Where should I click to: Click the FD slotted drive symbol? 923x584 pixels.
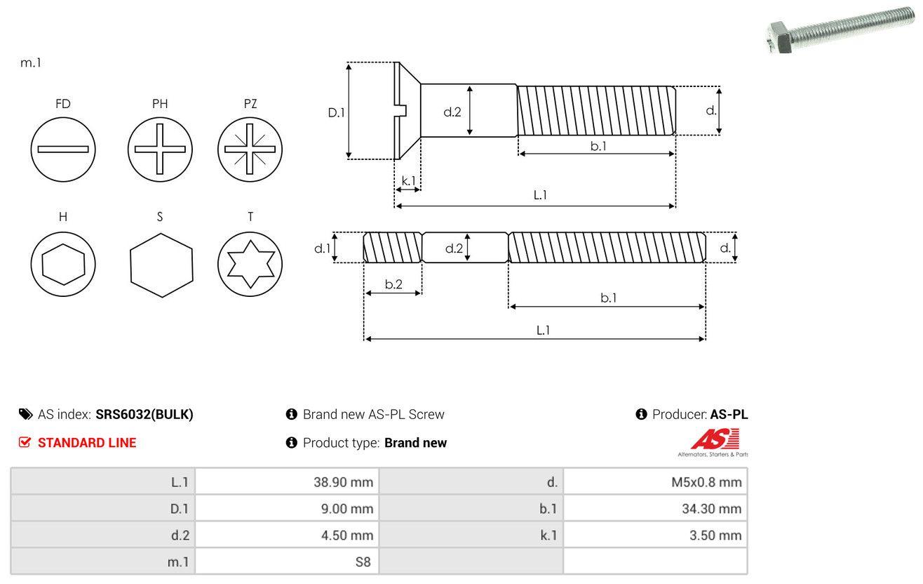(63, 149)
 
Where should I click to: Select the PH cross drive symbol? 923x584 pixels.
(160, 149)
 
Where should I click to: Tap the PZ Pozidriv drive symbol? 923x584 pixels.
(250, 149)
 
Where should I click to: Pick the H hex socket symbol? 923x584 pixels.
(63, 265)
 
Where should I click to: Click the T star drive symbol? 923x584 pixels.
(250, 265)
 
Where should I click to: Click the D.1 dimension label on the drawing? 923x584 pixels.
(337, 112)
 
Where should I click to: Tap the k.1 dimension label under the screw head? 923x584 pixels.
(407, 180)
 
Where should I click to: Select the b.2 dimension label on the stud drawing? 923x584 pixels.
(393, 284)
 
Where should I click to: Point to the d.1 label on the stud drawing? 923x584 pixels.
(321, 248)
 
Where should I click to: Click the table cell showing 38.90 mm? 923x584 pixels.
(343, 482)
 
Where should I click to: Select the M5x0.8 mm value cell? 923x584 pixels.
(706, 482)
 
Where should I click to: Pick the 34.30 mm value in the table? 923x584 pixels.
(711, 508)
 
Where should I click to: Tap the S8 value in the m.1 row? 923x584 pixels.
(363, 562)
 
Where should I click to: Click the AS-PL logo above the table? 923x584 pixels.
(713, 442)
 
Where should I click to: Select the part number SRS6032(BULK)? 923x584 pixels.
(144, 414)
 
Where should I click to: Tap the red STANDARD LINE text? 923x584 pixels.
(87, 442)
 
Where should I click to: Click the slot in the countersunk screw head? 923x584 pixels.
(401, 109)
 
